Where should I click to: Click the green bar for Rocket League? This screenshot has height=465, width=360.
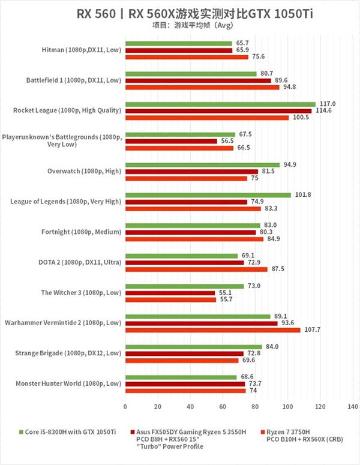[x=220, y=104]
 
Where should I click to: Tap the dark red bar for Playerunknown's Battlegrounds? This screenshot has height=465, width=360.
[x=171, y=141]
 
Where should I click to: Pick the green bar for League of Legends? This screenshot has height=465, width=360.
[x=208, y=194]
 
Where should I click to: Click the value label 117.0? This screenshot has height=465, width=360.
[x=326, y=104]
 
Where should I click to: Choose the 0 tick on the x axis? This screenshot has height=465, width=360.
[x=125, y=407]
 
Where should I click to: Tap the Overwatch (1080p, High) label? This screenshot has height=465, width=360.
[x=84, y=171]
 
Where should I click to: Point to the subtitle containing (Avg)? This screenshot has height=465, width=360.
[x=180, y=26]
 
